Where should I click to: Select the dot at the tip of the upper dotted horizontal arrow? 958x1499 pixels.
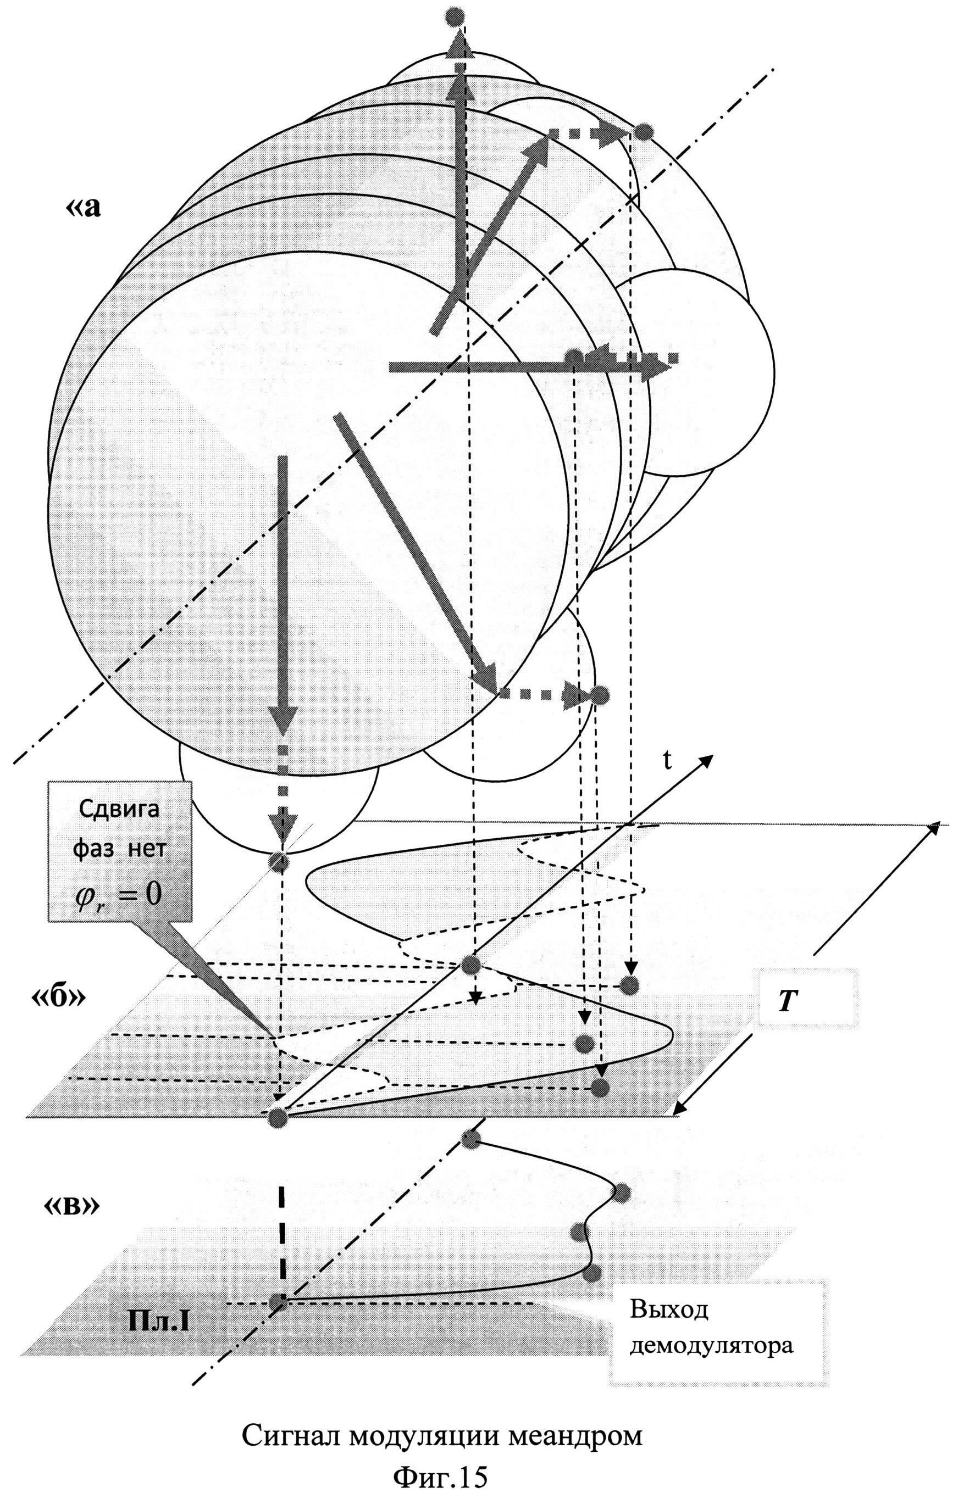[643, 132]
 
